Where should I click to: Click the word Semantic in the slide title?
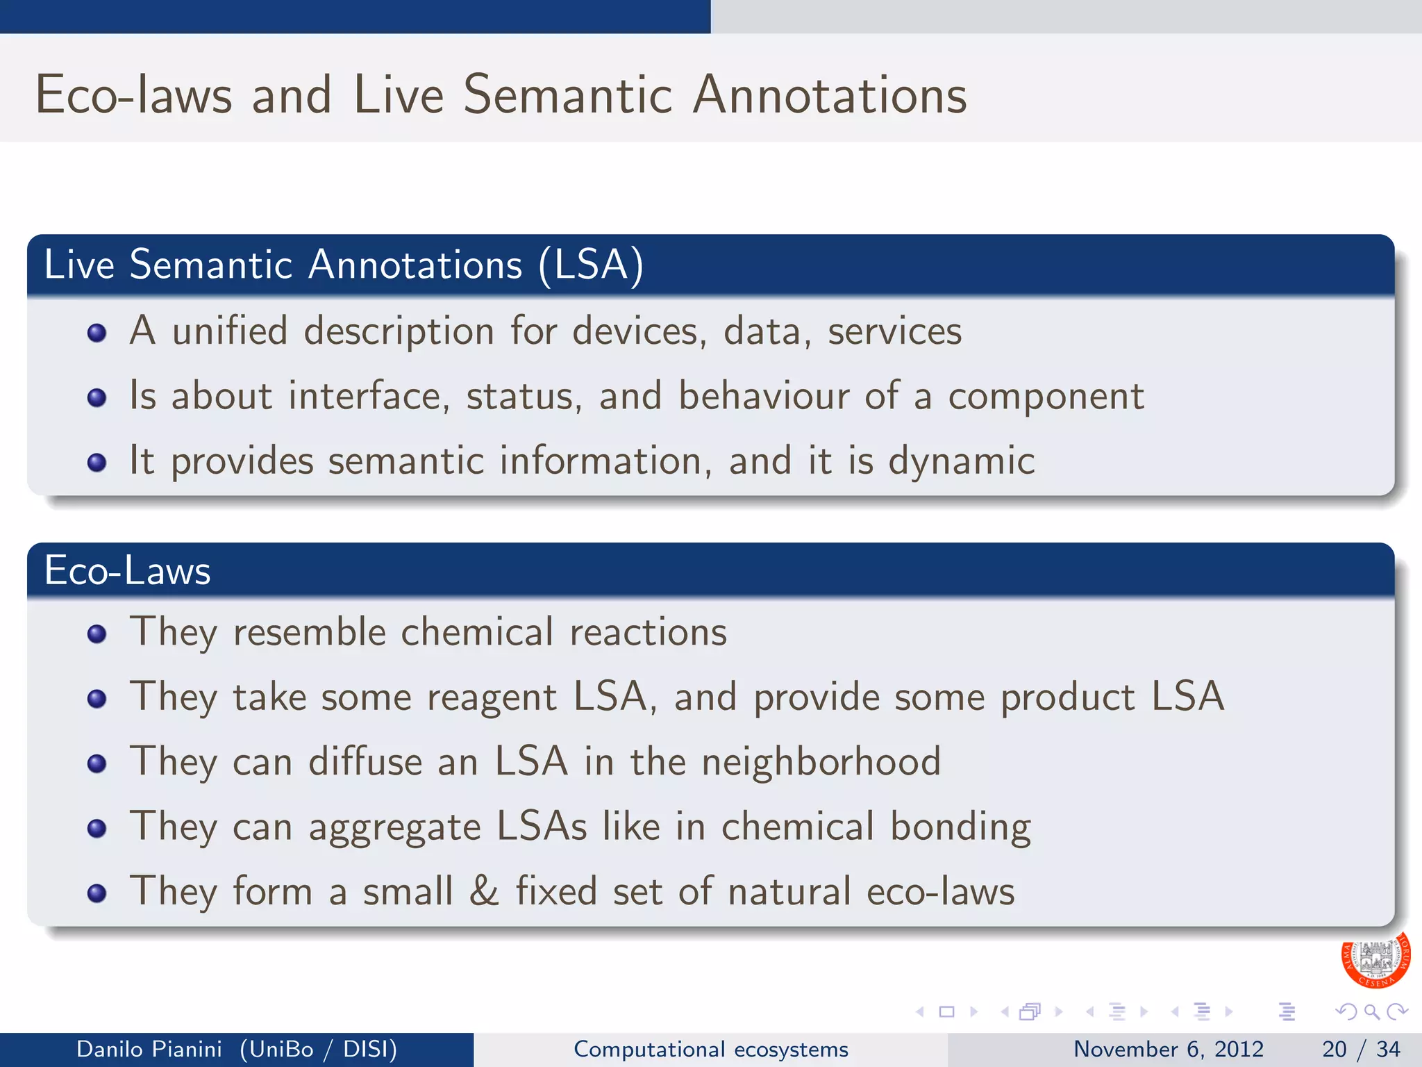(x=567, y=95)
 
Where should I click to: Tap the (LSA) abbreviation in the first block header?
(x=591, y=265)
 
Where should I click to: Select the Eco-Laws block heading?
(x=127, y=571)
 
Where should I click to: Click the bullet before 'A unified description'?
(x=97, y=333)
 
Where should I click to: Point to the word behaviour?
(x=763, y=396)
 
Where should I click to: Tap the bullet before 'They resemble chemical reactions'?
(x=97, y=634)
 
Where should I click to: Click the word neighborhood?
(x=821, y=762)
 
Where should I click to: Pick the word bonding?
(x=960, y=827)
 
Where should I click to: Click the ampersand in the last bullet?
(x=484, y=891)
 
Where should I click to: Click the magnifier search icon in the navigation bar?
(x=1371, y=1011)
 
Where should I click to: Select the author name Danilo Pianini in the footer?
(x=149, y=1049)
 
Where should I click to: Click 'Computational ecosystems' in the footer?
(x=710, y=1049)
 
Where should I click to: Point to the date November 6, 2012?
(x=1168, y=1049)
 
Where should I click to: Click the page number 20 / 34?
(x=1360, y=1049)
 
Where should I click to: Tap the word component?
(x=1046, y=397)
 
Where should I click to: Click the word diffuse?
(x=365, y=762)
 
